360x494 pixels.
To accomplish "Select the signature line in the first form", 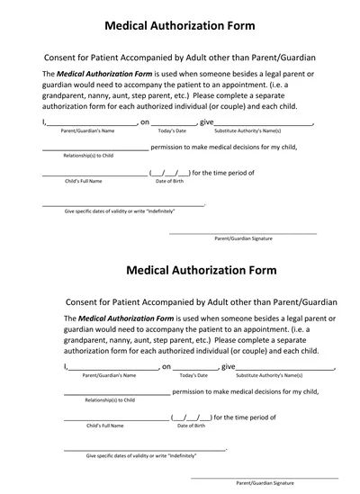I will pyautogui.click(x=243, y=232).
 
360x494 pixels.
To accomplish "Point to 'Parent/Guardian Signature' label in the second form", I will pyautogui.click(x=265, y=483).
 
